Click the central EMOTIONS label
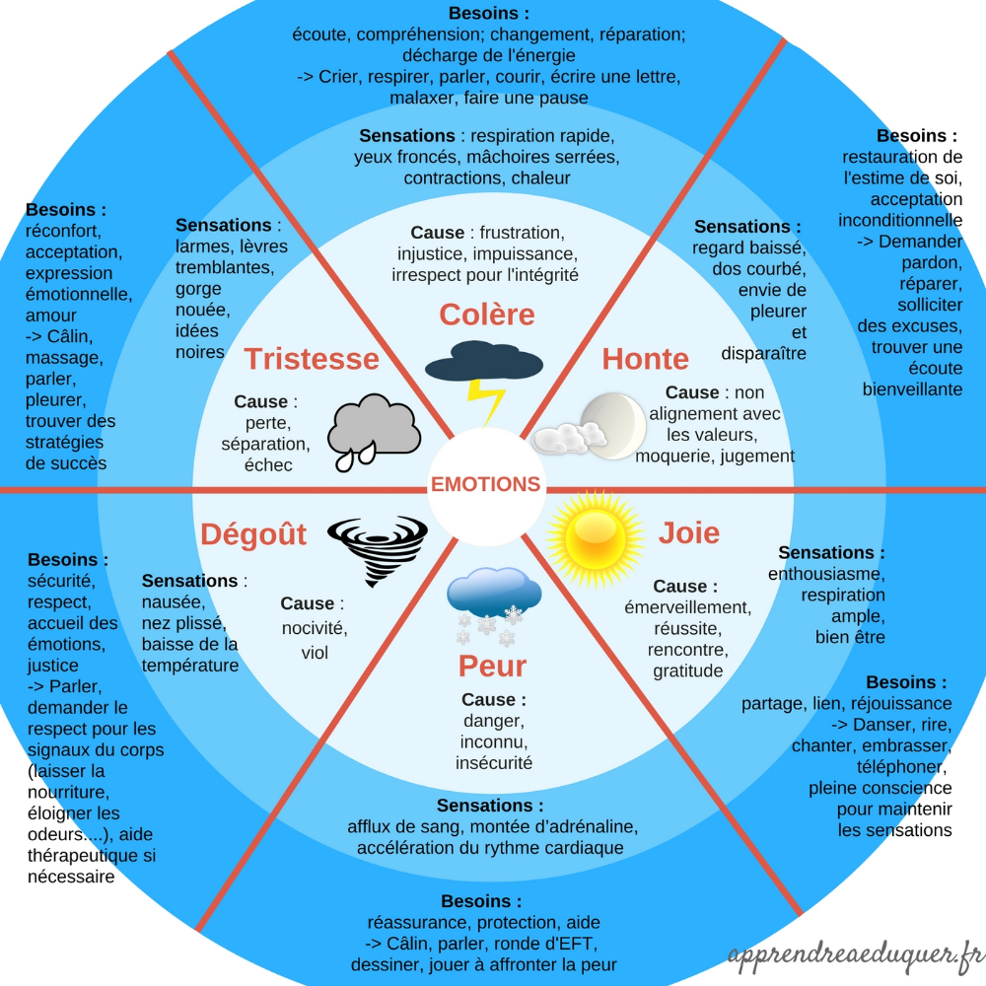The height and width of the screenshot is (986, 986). click(x=486, y=484)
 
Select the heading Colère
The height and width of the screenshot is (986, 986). click(x=487, y=315)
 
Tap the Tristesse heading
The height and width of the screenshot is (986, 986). click(x=312, y=359)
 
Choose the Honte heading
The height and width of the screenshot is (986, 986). click(x=645, y=359)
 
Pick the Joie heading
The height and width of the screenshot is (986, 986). click(x=689, y=533)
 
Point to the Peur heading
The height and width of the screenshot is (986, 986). click(x=492, y=666)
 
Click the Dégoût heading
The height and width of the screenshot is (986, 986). click(x=253, y=534)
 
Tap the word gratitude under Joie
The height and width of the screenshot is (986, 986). click(x=688, y=671)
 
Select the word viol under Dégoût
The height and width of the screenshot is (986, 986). click(x=315, y=653)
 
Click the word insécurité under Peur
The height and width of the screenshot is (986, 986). click(x=494, y=763)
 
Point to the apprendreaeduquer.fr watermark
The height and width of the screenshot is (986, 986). click(x=856, y=954)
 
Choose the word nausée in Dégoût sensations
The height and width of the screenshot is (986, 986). click(x=174, y=602)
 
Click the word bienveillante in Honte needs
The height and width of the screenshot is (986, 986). click(x=912, y=389)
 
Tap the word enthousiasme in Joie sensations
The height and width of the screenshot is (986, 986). click(x=826, y=574)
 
